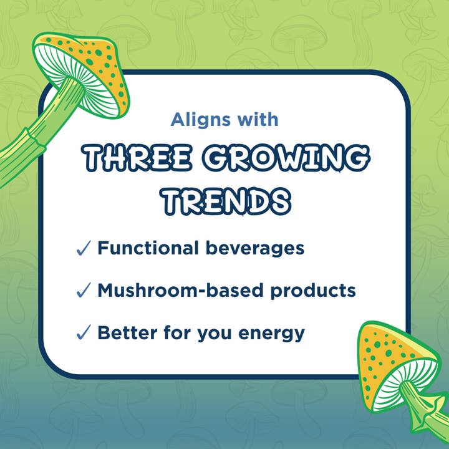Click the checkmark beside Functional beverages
(x=84, y=249)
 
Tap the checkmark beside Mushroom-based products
(x=84, y=291)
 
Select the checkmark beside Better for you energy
(x=84, y=333)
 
